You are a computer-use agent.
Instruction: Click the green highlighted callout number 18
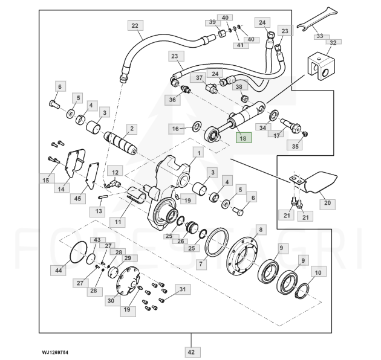pyautogui.click(x=243, y=138)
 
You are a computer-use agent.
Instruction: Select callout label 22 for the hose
pyautogui.click(x=134, y=25)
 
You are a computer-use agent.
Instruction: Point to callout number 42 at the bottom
pyautogui.click(x=191, y=352)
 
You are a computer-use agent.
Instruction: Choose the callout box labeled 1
pyautogui.click(x=198, y=153)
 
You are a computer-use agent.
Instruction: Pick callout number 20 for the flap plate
pyautogui.click(x=327, y=203)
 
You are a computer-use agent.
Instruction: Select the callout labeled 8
pyautogui.click(x=261, y=230)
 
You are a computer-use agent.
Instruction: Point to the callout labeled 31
pyautogui.click(x=181, y=289)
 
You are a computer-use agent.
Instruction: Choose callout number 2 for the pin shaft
pyautogui.click(x=131, y=129)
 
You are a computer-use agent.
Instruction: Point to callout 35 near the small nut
pyautogui.click(x=296, y=146)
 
